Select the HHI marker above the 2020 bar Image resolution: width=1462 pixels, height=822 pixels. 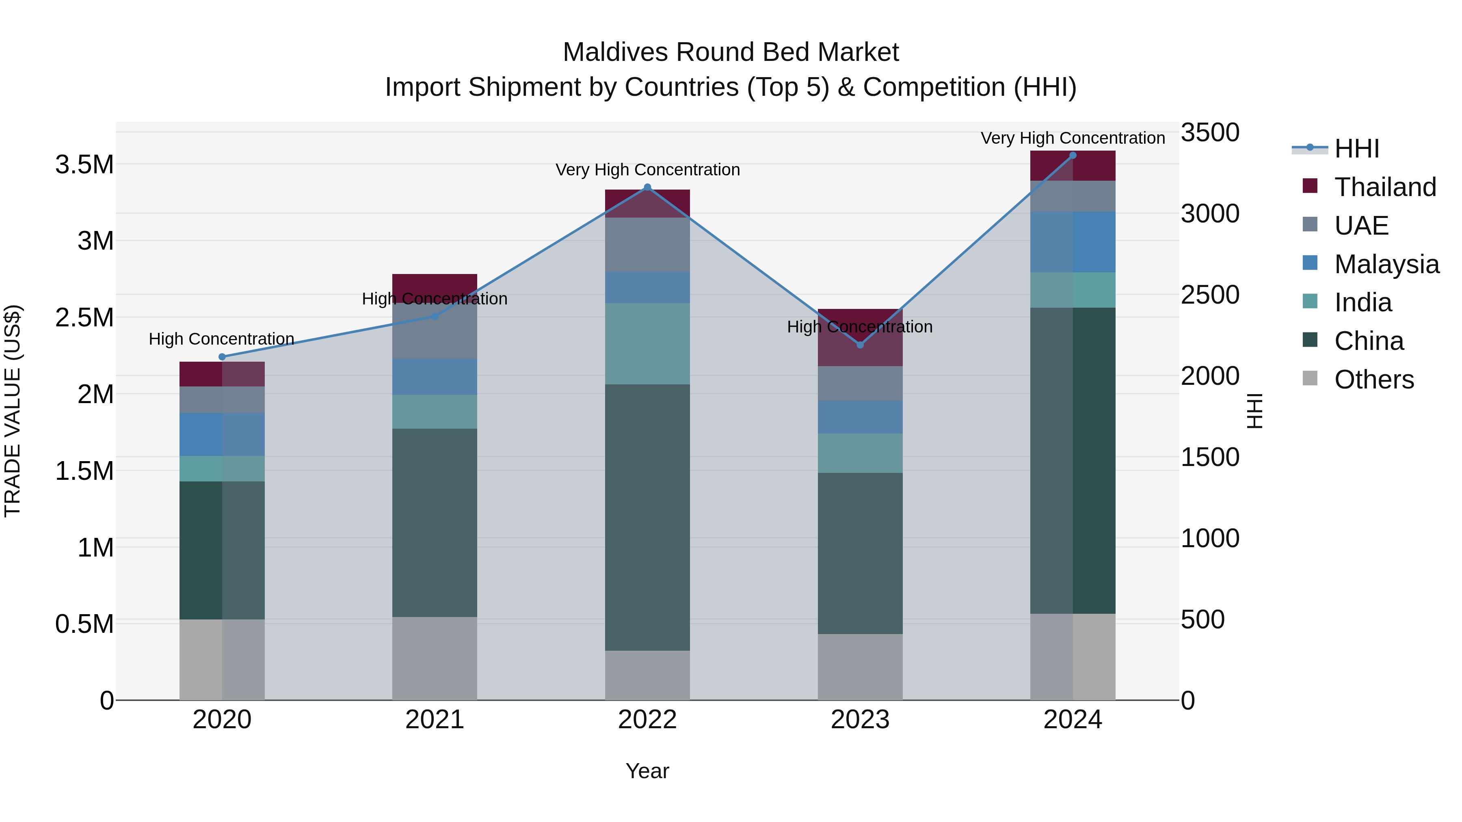222,357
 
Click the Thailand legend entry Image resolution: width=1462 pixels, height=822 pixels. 1385,187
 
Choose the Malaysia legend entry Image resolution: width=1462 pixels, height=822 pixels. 1386,264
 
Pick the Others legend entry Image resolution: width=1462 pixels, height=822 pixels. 1373,380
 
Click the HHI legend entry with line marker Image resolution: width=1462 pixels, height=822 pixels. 1356,149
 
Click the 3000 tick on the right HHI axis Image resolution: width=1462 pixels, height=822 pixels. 1210,214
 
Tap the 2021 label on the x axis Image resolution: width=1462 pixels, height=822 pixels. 435,720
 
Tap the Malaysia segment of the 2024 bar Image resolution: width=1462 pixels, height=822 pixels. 1073,242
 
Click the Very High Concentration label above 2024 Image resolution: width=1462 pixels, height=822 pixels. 1073,138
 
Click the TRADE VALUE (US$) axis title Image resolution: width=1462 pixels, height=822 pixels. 13,411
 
